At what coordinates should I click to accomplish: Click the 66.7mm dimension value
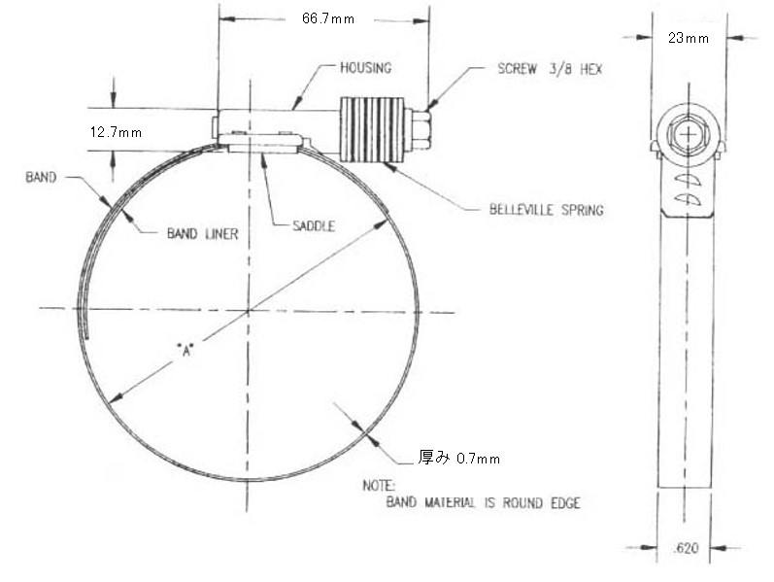[328, 18]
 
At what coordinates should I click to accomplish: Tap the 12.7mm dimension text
[116, 132]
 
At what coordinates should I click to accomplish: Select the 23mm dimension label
[689, 38]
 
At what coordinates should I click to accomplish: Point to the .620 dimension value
[686, 548]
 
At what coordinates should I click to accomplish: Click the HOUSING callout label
[366, 68]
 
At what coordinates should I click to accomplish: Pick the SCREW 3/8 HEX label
[550, 69]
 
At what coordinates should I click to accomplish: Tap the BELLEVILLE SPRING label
[546, 210]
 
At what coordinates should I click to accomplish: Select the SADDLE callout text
[314, 226]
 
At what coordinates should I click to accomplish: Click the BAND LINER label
[202, 233]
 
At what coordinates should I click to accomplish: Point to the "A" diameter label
[185, 351]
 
